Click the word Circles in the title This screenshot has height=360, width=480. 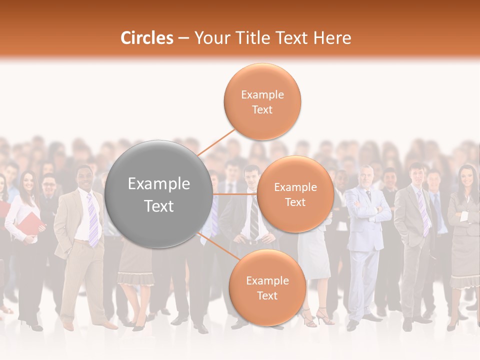point(146,38)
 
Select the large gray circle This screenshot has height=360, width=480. point(159,194)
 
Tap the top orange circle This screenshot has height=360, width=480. point(262,101)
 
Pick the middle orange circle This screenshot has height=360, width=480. point(295,194)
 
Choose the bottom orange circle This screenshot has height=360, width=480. point(267,288)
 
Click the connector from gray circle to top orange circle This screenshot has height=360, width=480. point(216,142)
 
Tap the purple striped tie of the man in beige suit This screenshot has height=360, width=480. point(92,220)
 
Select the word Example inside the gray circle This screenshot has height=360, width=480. point(159,184)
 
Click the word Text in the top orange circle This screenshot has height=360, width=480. point(262,109)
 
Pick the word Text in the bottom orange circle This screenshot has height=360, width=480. point(267,295)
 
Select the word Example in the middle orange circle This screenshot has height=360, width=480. point(295,187)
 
